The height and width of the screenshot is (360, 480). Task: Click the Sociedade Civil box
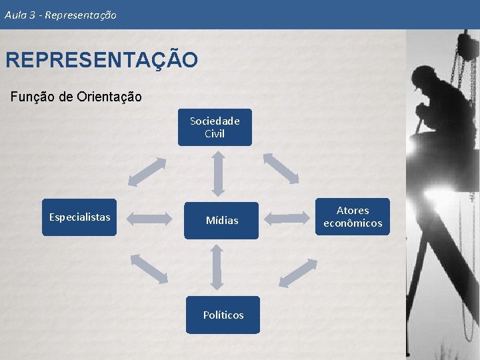215,127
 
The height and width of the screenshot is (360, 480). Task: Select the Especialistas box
79,217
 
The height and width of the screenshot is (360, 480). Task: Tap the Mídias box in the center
221,220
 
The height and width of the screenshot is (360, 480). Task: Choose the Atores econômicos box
353,217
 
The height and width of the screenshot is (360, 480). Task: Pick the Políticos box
223,315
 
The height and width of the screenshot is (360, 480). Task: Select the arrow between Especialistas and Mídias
149,217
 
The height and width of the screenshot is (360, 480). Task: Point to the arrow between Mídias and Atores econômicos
289,217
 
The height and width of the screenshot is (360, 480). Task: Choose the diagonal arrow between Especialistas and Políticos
149,269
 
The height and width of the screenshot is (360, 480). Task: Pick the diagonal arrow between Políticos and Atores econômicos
295,273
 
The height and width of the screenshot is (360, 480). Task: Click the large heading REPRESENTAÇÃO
101,60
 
